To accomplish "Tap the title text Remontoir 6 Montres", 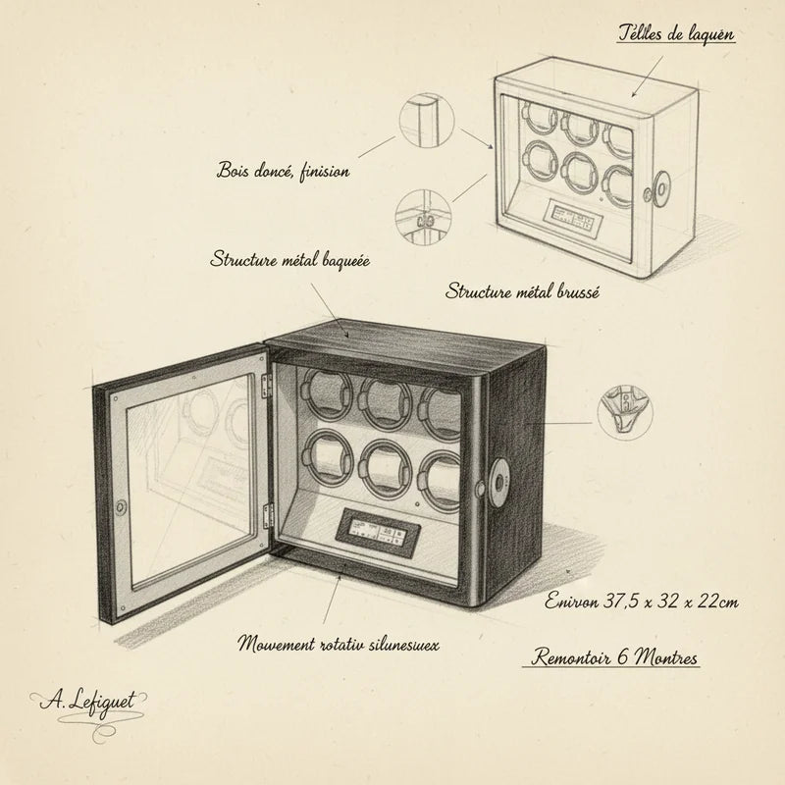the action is point(614,657).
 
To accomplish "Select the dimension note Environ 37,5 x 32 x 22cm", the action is point(642,601).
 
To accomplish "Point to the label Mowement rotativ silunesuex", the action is point(339,644).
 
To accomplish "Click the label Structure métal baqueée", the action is point(289,261).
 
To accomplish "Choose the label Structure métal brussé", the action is point(522,290).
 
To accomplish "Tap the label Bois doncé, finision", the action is point(283,171).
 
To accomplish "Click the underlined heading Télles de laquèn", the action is point(676,34).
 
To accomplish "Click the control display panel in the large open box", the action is point(376,532).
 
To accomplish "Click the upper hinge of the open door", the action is point(266,387).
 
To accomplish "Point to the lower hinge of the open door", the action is point(268,516).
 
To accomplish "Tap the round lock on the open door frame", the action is point(121,506).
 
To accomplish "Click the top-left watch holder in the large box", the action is point(326,395).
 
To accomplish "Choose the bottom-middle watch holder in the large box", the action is point(386,468).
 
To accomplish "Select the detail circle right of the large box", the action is point(625,412).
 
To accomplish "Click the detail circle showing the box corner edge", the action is point(427,121).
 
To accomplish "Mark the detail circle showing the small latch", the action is point(423,217).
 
